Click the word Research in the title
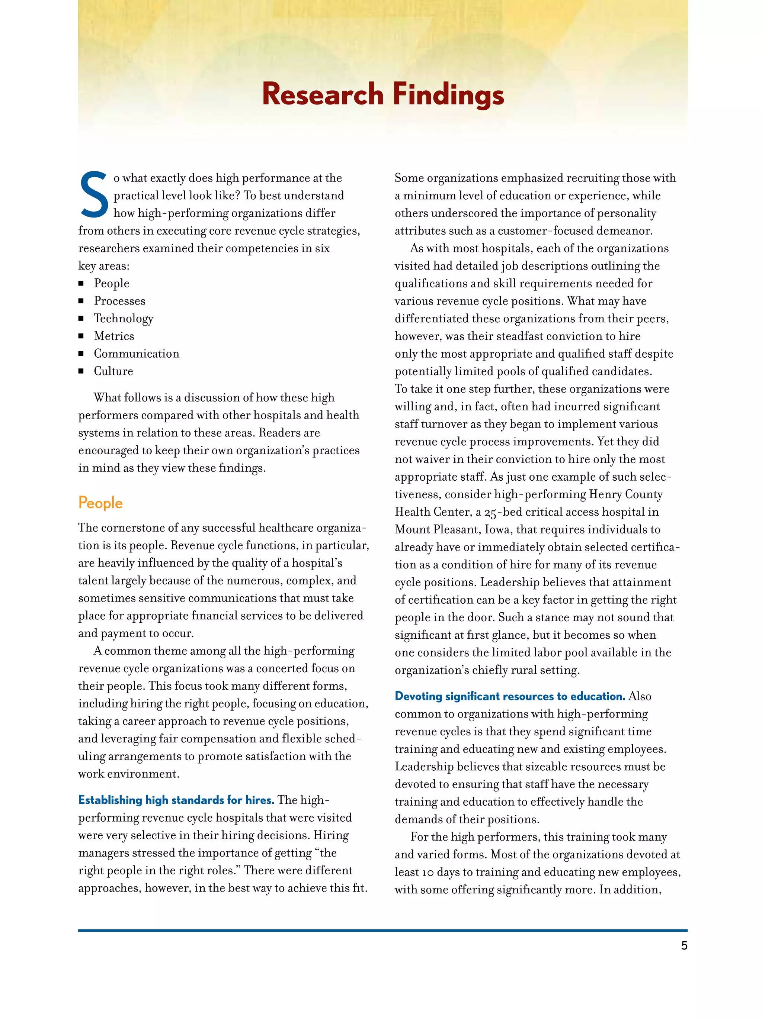point(322,94)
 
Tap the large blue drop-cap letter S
point(94,194)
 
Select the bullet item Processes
point(119,301)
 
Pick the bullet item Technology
point(123,319)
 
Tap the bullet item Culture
point(113,371)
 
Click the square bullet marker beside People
point(81,283)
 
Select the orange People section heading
point(100,503)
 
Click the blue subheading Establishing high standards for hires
point(176,800)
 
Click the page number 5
point(684,946)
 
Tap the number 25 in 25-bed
point(490,513)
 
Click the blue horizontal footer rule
point(382,931)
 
